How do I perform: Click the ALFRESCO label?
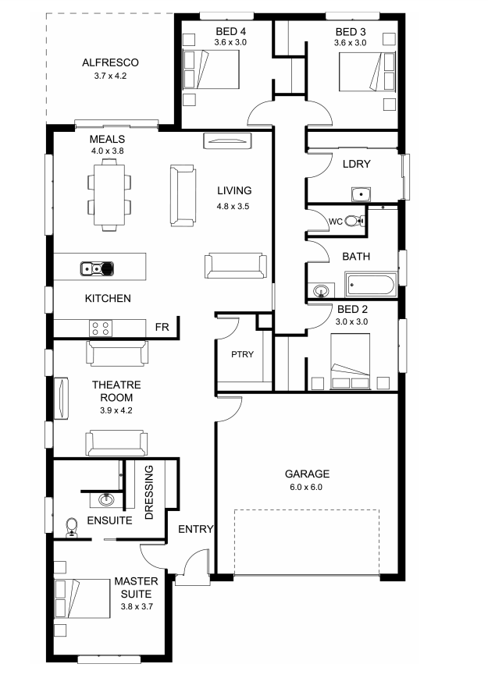pos(110,62)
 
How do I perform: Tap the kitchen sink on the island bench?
pos(97,268)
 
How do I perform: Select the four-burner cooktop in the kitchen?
pos(101,328)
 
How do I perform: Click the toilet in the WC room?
pos(354,222)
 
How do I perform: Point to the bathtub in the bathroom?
pos(371,285)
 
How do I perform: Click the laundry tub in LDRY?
pos(361,194)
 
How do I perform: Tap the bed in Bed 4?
pos(212,69)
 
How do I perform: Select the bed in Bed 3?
pos(366,72)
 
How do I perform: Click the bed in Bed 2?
pos(350,361)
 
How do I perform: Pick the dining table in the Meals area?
pos(109,194)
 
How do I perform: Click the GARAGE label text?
pos(307,474)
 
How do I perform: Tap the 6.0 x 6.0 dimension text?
pos(306,487)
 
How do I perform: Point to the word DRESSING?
pos(149,492)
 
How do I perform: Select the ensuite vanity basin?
pos(105,500)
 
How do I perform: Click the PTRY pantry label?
pos(242,354)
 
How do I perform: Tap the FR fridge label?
pos(162,328)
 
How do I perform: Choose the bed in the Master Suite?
pos(82,599)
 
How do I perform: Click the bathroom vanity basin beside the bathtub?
pos(321,290)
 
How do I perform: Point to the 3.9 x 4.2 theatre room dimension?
pos(116,410)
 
